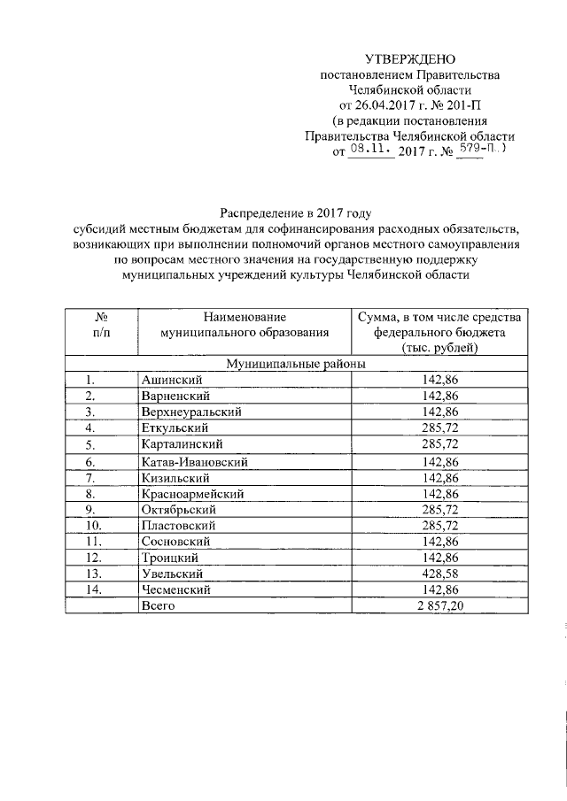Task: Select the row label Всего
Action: (159, 606)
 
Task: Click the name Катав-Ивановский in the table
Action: (193, 461)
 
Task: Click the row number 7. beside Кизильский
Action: (90, 477)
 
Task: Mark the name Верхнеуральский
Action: (190, 412)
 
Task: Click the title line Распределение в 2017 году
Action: (295, 212)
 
